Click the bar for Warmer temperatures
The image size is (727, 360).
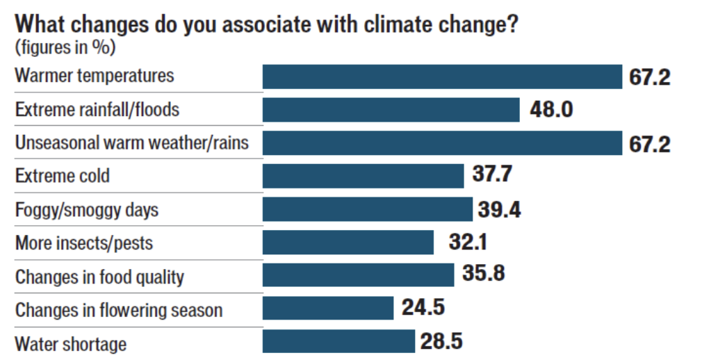click(442, 76)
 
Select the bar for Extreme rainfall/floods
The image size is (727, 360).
click(391, 110)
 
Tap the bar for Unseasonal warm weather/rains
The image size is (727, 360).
click(442, 143)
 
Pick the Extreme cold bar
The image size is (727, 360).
click(363, 176)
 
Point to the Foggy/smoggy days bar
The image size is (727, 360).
click(367, 209)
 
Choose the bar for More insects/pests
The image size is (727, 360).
click(348, 243)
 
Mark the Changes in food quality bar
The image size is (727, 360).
click(358, 275)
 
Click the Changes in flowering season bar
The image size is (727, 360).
click(328, 308)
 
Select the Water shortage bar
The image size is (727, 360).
click(338, 341)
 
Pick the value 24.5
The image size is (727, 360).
click(423, 307)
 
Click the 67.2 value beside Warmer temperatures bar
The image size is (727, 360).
click(650, 76)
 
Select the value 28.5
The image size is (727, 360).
click(441, 341)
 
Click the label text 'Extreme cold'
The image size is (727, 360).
click(63, 176)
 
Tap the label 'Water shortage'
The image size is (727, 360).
click(71, 344)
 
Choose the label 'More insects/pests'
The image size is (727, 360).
click(84, 243)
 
